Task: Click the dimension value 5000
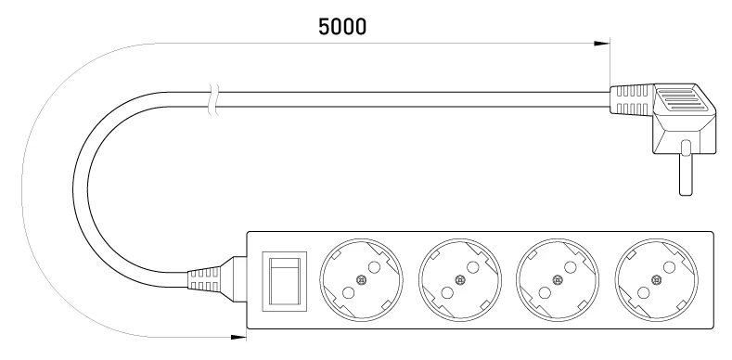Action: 342,27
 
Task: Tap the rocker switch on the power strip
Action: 284,281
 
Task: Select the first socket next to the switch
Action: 361,280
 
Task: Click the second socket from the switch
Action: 460,280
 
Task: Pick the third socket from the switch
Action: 558,280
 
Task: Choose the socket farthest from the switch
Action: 657,280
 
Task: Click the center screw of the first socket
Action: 360,280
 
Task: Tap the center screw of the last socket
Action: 656,280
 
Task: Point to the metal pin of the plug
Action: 686,168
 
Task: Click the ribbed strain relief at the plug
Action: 631,99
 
